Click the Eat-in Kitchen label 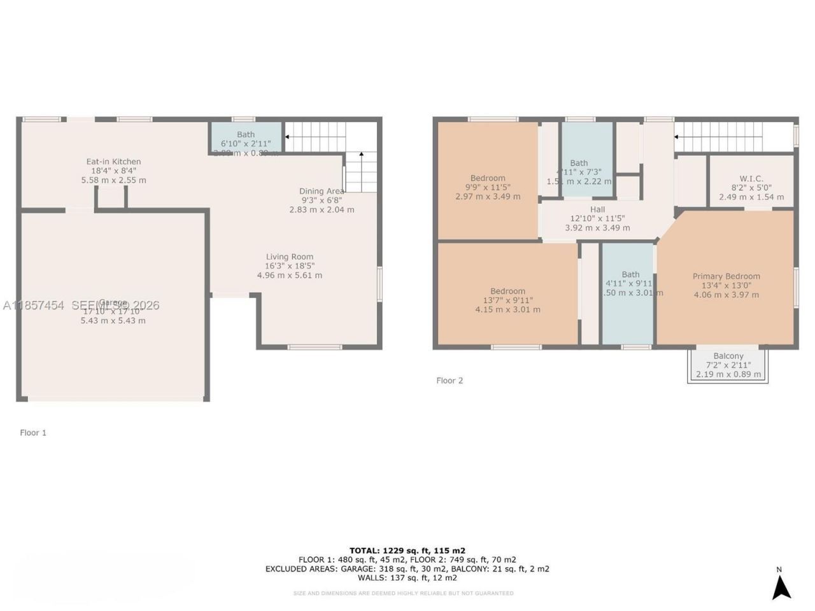pyautogui.click(x=113, y=162)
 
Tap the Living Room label pyautogui.click(x=289, y=257)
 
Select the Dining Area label pyautogui.click(x=322, y=191)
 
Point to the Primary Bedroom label pyautogui.click(x=726, y=276)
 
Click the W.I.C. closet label pyautogui.click(x=751, y=179)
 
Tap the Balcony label pyautogui.click(x=728, y=356)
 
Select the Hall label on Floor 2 pyautogui.click(x=597, y=209)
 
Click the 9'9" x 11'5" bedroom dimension pyautogui.click(x=488, y=188)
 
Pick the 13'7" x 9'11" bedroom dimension pyautogui.click(x=507, y=300)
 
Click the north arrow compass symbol pyautogui.click(x=781, y=586)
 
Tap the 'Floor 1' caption pyautogui.click(x=33, y=433)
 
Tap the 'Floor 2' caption pyautogui.click(x=450, y=381)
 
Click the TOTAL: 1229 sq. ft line pyautogui.click(x=407, y=551)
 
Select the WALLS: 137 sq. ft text pyautogui.click(x=407, y=578)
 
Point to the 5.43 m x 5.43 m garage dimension pyautogui.click(x=113, y=321)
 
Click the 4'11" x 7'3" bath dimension pyautogui.click(x=579, y=172)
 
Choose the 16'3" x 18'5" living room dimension pyautogui.click(x=290, y=266)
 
